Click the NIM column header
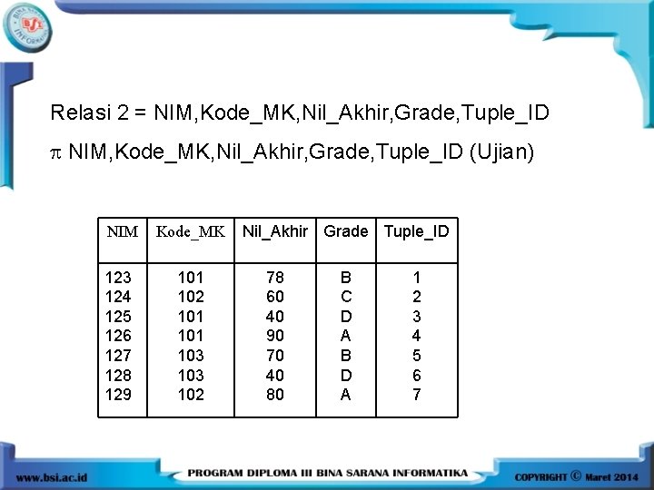pyautogui.click(x=123, y=231)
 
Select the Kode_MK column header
pyautogui.click(x=191, y=231)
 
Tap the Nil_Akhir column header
pyautogui.click(x=275, y=231)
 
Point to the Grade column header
pyautogui.click(x=346, y=231)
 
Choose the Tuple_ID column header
pyautogui.click(x=417, y=231)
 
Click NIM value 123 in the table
pyautogui.click(x=119, y=277)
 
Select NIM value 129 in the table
pyautogui.click(x=119, y=395)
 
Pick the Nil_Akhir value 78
pyautogui.click(x=275, y=277)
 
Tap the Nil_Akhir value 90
pyautogui.click(x=275, y=336)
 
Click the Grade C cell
pyautogui.click(x=346, y=297)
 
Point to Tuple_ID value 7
pyautogui.click(x=417, y=395)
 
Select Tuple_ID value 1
pyautogui.click(x=417, y=277)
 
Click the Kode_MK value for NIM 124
pyautogui.click(x=191, y=297)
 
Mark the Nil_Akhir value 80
pyautogui.click(x=275, y=395)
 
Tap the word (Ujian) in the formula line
pyautogui.click(x=502, y=153)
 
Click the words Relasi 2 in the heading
pyautogui.click(x=89, y=113)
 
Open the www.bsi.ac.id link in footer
pyautogui.click(x=51, y=476)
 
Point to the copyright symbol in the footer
pyautogui.click(x=576, y=475)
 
